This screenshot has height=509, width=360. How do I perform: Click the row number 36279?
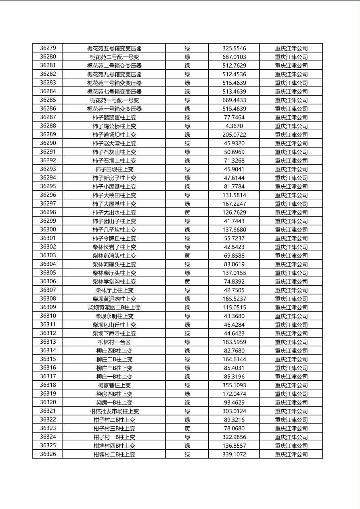48,48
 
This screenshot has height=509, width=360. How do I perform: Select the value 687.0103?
234,57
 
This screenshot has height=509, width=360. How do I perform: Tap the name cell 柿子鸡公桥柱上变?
114,126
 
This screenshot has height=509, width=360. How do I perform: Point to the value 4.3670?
234,126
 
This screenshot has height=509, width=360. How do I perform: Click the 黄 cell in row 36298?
187,213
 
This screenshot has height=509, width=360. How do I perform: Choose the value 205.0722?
234,135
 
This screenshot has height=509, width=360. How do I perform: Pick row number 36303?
48,256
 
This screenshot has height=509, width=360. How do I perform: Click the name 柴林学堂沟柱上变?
114,282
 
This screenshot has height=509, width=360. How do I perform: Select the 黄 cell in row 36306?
187,282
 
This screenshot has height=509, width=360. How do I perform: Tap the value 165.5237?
234,299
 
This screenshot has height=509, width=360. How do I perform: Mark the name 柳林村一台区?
114,342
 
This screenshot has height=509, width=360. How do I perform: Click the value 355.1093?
234,385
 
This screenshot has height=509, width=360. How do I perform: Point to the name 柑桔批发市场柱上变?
114,411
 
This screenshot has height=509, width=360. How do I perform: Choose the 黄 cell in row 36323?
187,428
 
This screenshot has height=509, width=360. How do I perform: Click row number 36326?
48,454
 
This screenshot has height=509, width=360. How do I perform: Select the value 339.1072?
234,454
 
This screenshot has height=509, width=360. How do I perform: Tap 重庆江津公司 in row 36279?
291,48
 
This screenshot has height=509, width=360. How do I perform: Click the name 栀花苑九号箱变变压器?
114,74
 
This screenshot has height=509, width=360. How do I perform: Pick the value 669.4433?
234,100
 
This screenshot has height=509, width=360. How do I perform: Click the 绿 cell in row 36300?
187,230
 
